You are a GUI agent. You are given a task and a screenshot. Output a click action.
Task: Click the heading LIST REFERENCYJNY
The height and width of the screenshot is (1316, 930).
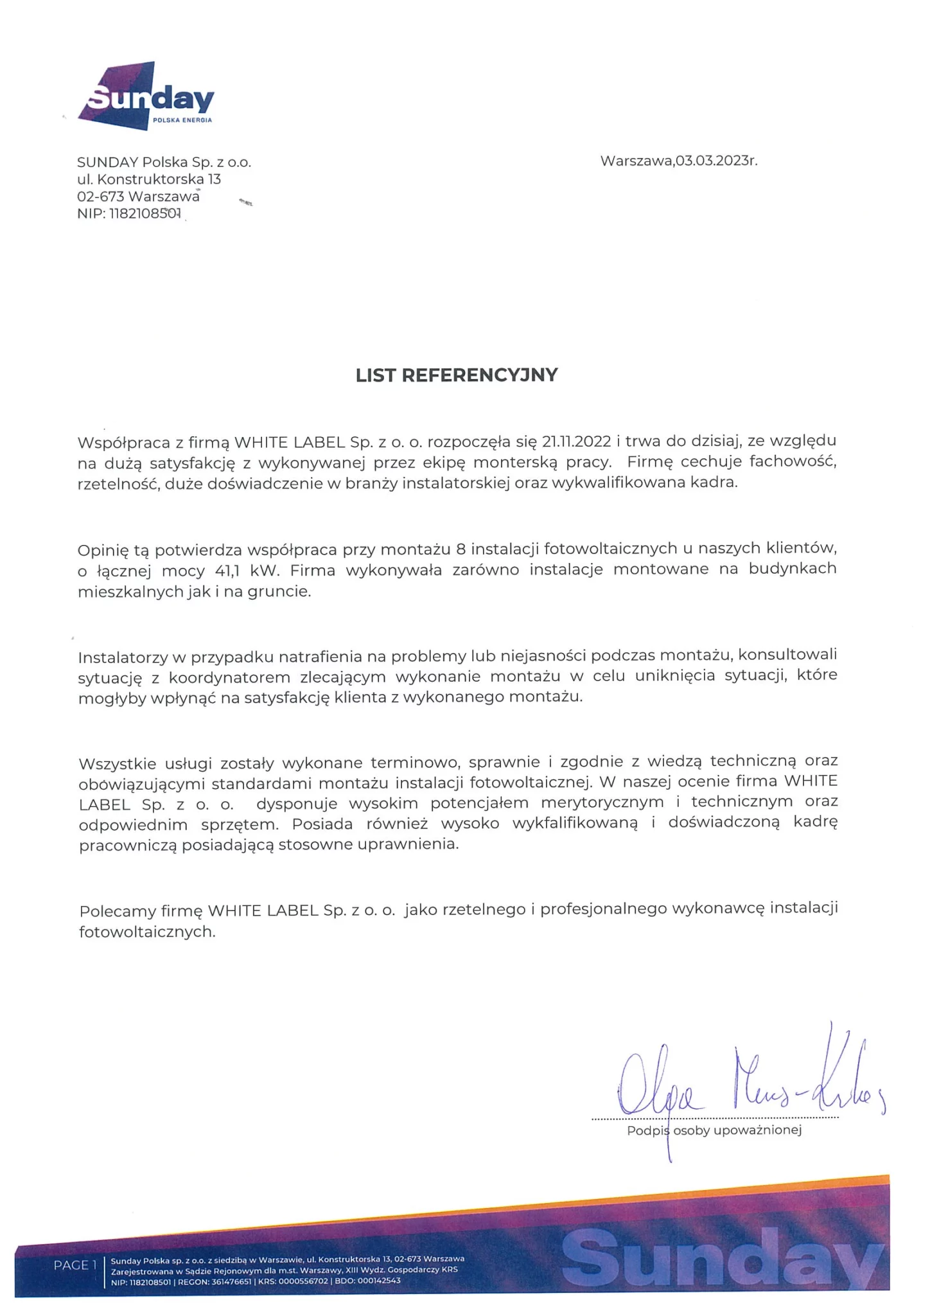point(457,375)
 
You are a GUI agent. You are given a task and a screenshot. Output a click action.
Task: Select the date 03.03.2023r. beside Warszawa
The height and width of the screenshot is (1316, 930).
point(716,161)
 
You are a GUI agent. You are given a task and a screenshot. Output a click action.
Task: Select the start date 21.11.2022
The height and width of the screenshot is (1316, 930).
point(576,441)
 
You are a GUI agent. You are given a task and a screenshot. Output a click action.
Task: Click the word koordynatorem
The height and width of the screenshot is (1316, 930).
point(229,678)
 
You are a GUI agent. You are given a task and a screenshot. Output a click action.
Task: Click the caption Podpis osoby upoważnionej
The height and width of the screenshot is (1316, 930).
point(714,1130)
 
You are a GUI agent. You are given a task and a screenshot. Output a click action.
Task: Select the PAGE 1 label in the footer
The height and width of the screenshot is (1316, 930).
point(75,1265)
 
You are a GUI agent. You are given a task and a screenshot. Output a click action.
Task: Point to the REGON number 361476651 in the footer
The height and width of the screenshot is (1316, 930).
point(231,1281)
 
